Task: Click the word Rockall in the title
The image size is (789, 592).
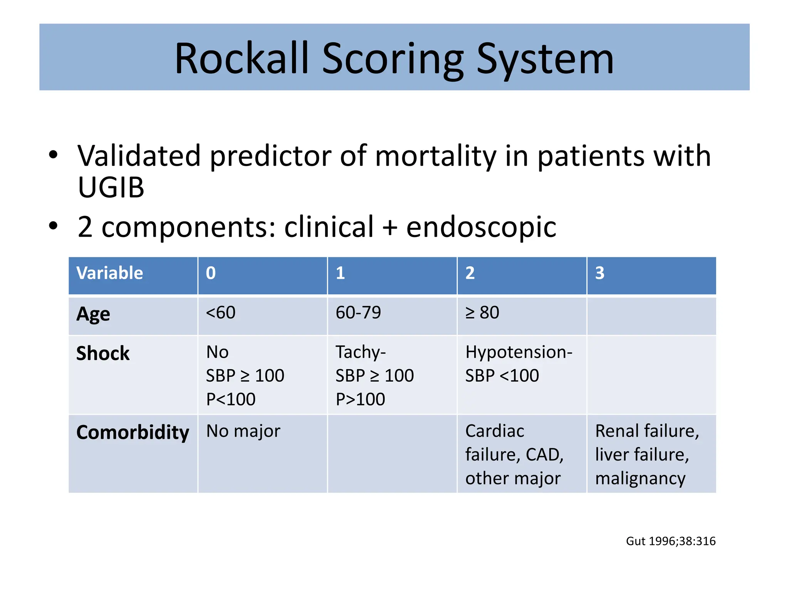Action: [242, 59]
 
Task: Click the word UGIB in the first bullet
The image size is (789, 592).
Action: [111, 188]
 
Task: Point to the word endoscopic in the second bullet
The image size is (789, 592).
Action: [481, 227]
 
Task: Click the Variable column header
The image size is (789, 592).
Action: [110, 273]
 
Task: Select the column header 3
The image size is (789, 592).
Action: [599, 273]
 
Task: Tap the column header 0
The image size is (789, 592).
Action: [211, 273]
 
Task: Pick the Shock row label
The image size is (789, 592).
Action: [103, 353]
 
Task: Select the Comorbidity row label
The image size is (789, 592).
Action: [133, 432]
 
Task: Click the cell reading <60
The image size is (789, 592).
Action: [220, 313]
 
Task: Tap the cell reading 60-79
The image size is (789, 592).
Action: [358, 313]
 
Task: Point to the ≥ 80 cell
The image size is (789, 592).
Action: [482, 313]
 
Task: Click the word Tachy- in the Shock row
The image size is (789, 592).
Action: [361, 352]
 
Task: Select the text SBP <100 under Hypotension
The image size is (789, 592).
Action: [502, 376]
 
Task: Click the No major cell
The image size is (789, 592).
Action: [243, 431]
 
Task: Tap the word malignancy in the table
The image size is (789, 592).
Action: [640, 479]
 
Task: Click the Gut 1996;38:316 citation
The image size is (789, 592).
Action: [670, 541]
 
